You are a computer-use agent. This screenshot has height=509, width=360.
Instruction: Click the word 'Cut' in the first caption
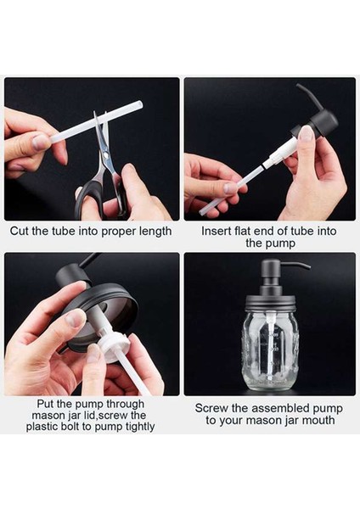(x=20, y=231)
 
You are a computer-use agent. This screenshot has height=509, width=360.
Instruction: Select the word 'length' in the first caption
(x=155, y=232)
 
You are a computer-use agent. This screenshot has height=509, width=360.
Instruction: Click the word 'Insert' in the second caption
(x=216, y=231)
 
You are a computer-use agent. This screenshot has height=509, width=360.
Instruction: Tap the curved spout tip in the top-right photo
(x=299, y=87)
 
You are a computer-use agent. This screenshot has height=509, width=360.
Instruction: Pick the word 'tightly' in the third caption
(x=140, y=427)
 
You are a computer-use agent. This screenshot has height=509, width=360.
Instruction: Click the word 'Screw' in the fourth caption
(x=211, y=408)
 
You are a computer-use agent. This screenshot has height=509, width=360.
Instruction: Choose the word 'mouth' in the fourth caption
(x=318, y=421)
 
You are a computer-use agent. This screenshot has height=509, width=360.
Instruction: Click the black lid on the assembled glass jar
(x=272, y=304)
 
